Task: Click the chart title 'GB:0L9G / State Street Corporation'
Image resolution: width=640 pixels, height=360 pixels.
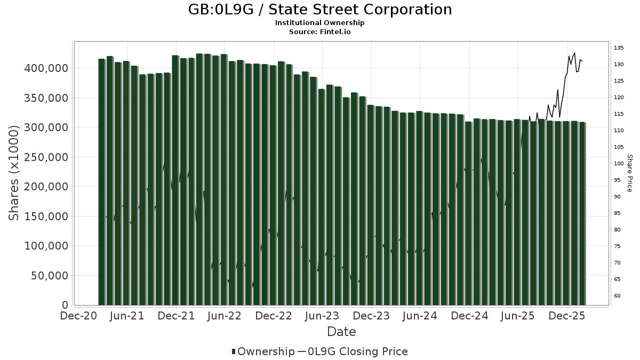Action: click(320, 10)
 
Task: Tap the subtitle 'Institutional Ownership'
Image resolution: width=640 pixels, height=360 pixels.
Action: click(320, 23)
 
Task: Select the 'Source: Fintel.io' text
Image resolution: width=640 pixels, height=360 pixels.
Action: click(320, 31)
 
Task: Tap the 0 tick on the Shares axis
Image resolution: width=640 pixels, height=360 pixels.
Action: click(65, 305)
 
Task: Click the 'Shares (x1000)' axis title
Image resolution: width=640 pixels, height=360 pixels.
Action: click(14, 172)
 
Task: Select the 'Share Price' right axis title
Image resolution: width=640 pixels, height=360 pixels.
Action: click(629, 173)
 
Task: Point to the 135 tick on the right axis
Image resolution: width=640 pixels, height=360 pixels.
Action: click(619, 48)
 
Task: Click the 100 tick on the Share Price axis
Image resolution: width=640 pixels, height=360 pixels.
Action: click(619, 164)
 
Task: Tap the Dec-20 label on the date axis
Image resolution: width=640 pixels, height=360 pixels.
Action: click(79, 316)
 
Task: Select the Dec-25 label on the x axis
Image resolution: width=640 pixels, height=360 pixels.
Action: click(567, 316)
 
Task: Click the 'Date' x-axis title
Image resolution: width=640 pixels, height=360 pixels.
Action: click(341, 332)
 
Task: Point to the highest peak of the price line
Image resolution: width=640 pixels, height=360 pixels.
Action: click(574, 53)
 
